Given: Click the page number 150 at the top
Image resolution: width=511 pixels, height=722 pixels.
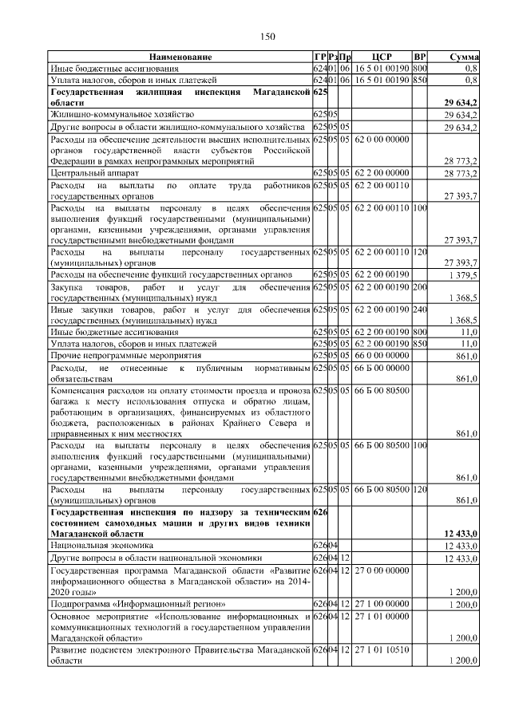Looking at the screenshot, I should tap(266, 35).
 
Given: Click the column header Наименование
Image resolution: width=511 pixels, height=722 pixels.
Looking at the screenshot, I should tap(180, 57).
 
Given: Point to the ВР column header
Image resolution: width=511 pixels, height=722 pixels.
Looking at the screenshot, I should tap(420, 57).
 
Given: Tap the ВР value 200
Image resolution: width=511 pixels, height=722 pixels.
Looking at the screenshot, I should tap(420, 286).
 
